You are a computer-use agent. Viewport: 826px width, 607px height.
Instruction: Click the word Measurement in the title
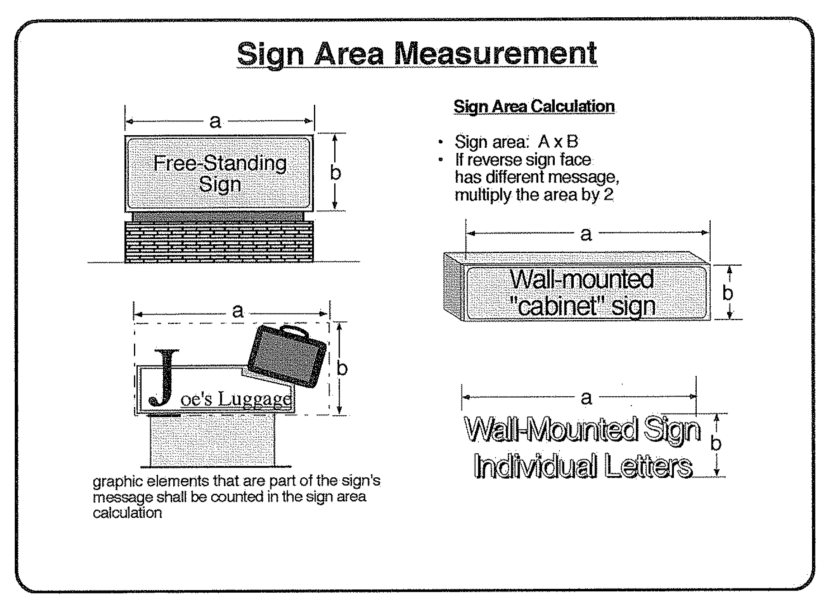495,54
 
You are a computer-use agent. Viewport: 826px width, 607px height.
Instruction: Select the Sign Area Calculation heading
534,106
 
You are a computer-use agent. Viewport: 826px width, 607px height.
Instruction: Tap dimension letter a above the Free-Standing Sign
215,122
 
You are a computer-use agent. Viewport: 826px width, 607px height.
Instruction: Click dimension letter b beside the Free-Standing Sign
335,172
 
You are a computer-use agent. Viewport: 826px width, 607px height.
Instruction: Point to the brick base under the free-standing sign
219,242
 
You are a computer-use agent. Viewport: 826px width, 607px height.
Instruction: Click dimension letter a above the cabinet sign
586,234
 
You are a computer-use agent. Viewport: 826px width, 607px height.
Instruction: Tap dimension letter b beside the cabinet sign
728,292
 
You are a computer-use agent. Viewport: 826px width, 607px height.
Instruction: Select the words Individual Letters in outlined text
583,465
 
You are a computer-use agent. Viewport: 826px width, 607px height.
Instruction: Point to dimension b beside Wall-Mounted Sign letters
716,444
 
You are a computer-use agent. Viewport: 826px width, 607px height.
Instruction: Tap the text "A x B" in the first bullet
558,142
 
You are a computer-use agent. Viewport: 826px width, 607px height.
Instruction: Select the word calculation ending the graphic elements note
127,513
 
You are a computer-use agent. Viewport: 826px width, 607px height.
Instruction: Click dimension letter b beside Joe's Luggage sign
342,368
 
